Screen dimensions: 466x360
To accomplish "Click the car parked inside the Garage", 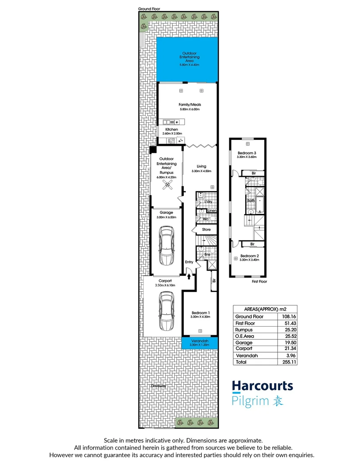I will point(166,246).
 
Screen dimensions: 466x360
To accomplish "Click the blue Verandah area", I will point(200,343).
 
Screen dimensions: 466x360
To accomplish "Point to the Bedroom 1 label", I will point(200,313).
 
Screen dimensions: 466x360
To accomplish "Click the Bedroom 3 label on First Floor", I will point(247,153).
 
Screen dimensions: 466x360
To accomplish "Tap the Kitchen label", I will point(171,129).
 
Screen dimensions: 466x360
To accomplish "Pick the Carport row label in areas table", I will point(244,348).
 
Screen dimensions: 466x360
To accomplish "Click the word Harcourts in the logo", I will point(262,386).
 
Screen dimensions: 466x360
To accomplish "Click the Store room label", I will point(206,230).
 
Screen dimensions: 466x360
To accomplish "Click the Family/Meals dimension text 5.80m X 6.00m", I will point(190,109).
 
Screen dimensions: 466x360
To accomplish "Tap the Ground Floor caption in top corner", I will point(149,9).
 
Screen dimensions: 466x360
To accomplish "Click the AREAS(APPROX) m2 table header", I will point(265,309).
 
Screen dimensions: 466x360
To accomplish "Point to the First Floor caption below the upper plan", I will point(260,281).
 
